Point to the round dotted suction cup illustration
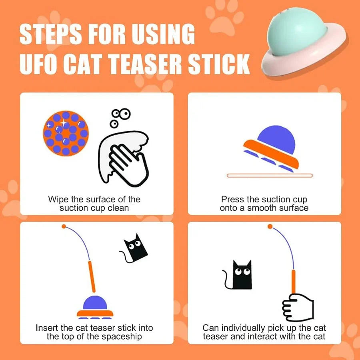pyautogui.click(x=66, y=133)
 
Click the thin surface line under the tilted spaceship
pyautogui.click(x=269, y=175)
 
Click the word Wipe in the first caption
pyautogui.click(x=57, y=199)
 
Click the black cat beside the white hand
pyautogui.click(x=242, y=275)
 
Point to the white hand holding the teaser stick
pyautogui.click(x=298, y=307)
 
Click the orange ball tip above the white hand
pyautogui.click(x=270, y=227)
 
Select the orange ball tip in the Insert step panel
pyautogui.click(x=64, y=227)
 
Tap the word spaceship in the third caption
pyautogui.click(x=123, y=336)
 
